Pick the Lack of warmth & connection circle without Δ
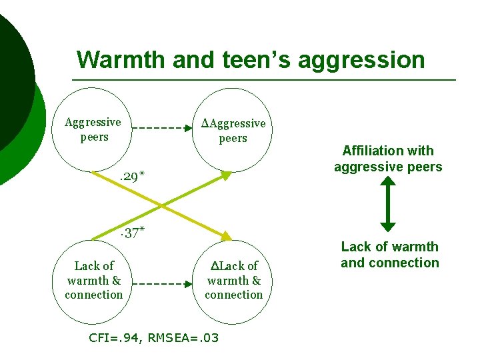pyautogui.click(x=94, y=280)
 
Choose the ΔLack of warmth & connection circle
pyautogui.click(x=234, y=280)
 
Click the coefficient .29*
pyautogui.click(x=131, y=177)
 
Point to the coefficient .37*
pyautogui.click(x=131, y=233)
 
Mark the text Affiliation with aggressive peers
pyautogui.click(x=388, y=159)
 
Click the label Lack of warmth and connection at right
pyautogui.click(x=390, y=255)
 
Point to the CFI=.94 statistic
pyautogui.click(x=115, y=338)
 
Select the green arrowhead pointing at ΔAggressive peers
pyautogui.click(x=226, y=175)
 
